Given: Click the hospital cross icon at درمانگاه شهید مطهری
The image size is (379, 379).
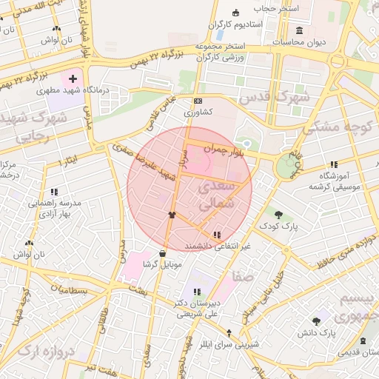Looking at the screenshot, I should click(73, 78).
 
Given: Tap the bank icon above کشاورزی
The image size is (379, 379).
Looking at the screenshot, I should click(198, 101).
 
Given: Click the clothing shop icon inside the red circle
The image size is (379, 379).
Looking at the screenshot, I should click(172, 215).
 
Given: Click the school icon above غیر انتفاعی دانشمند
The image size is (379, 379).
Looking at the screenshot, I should click(215, 235).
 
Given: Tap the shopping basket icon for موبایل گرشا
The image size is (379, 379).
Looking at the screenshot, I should click(162, 254).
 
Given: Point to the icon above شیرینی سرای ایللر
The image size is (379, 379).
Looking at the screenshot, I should click(229, 333).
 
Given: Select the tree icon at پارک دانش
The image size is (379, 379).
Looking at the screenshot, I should click(317, 321).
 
